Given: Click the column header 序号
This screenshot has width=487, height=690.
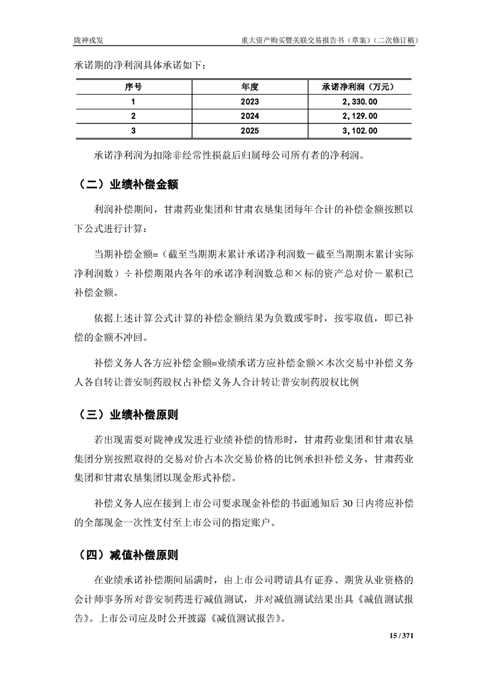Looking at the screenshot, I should point(133,87).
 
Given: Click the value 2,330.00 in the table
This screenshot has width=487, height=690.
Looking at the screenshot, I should point(357,101).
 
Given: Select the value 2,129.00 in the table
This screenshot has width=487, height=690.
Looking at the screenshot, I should point(357,116).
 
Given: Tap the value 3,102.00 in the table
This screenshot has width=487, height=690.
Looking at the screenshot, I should point(357,131).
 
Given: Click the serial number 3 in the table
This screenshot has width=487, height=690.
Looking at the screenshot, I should point(133,131).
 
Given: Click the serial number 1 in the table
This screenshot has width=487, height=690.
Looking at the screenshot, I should point(133,101).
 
